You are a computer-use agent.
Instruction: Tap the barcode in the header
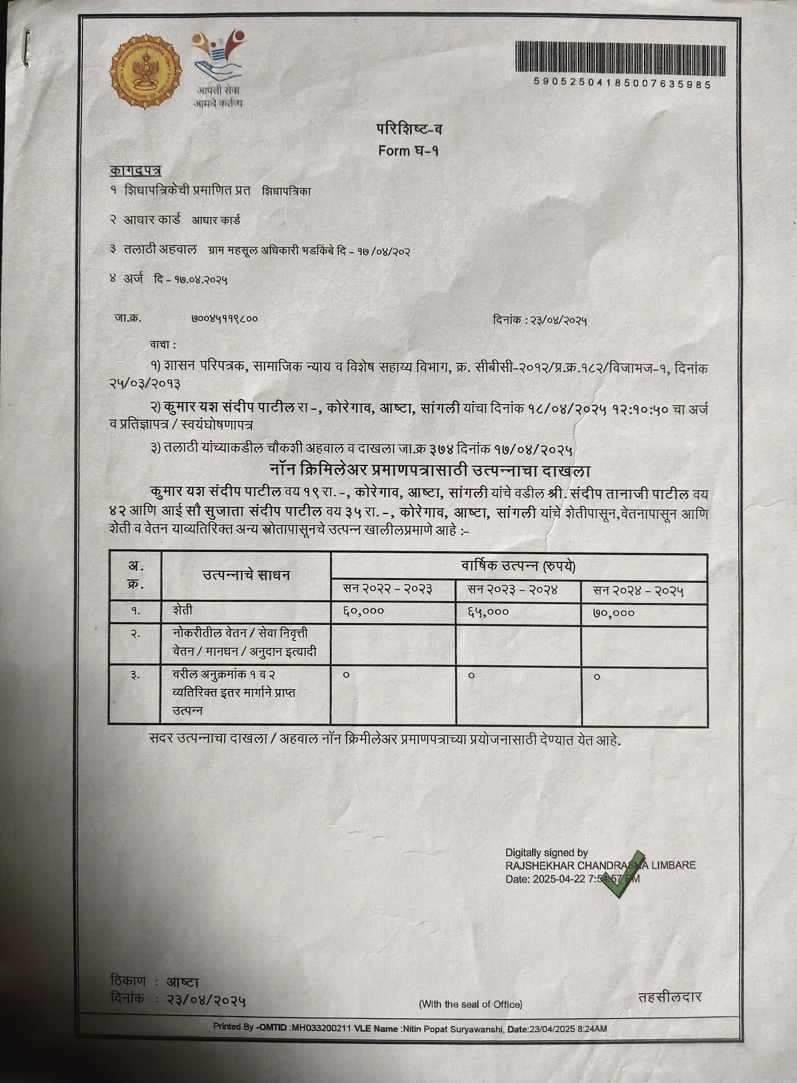(x=620, y=58)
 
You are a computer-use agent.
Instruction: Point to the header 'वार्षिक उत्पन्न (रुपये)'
(x=519, y=566)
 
